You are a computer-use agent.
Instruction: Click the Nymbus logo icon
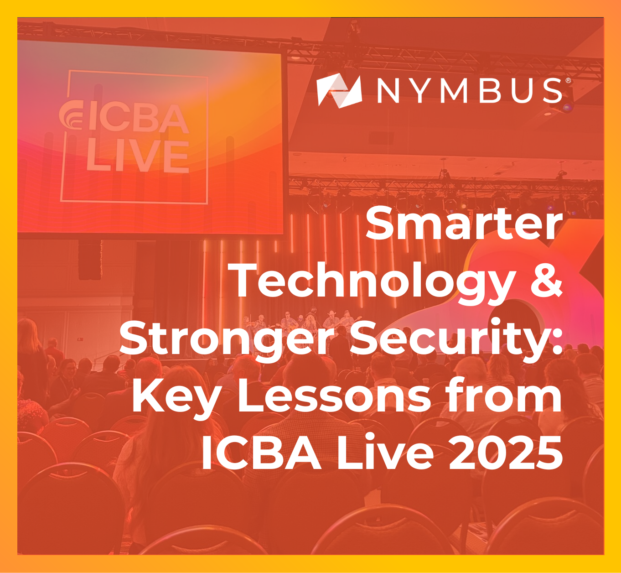click(339, 91)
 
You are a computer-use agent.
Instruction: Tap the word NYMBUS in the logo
click(470, 91)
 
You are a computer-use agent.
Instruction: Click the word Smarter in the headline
click(464, 224)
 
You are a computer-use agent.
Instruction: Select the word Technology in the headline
click(374, 281)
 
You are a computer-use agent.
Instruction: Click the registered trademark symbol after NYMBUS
click(568, 81)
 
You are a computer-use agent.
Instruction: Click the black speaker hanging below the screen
click(90, 260)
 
